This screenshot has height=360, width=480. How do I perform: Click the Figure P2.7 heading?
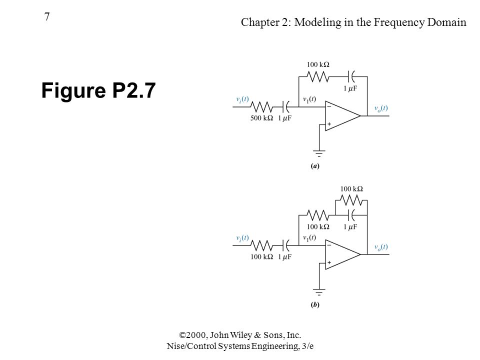pyautogui.click(x=98, y=90)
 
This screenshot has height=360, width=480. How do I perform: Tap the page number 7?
pyautogui.click(x=47, y=16)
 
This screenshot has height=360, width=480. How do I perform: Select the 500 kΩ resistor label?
pyautogui.click(x=261, y=118)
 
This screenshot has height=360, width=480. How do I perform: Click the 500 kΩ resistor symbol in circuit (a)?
pyautogui.click(x=261, y=107)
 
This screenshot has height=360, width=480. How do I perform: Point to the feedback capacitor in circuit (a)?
pyautogui.click(x=351, y=76)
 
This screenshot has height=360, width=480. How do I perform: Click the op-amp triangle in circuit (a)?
pyautogui.click(x=343, y=115)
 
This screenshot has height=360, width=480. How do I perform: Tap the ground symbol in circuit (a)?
pyautogui.click(x=319, y=153)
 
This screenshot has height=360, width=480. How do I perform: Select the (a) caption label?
pyautogui.click(x=315, y=166)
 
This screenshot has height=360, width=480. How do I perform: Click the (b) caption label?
pyautogui.click(x=315, y=304)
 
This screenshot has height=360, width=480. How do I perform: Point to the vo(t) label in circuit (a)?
pyautogui.click(x=381, y=108)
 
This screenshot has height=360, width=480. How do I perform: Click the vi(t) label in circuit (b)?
pyautogui.click(x=242, y=238)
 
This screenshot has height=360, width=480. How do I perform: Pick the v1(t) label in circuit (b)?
pyautogui.click(x=309, y=237)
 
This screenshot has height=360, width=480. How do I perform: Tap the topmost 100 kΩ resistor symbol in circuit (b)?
pyautogui.click(x=351, y=200)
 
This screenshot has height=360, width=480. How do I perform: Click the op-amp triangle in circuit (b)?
pyautogui.click(x=343, y=254)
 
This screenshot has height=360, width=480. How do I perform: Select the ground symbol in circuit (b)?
pyautogui.click(x=319, y=291)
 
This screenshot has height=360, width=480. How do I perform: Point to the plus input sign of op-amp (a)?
pyautogui.click(x=329, y=124)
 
